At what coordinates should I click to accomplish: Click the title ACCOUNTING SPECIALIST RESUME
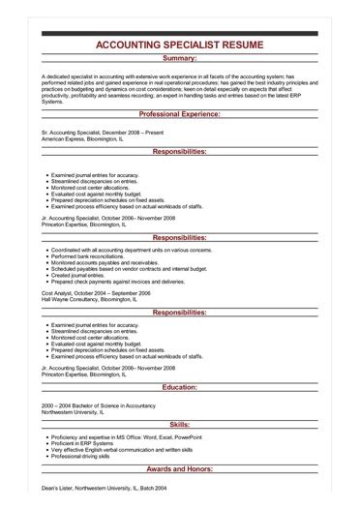(x=181, y=45)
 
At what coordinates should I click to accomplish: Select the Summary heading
(x=181, y=59)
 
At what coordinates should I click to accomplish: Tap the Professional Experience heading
(x=181, y=113)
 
